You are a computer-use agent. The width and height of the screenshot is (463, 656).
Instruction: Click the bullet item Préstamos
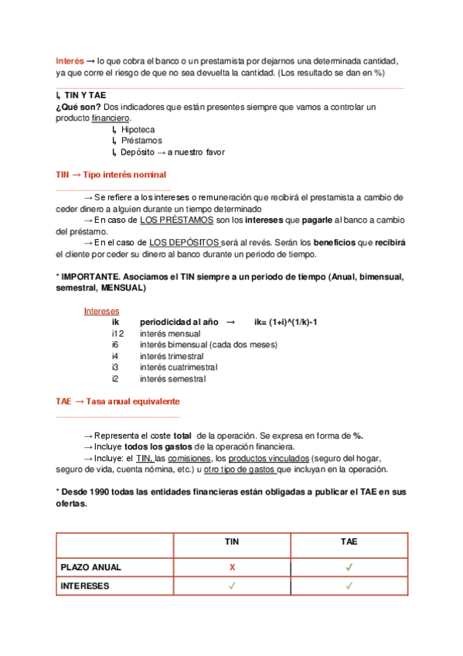(141, 141)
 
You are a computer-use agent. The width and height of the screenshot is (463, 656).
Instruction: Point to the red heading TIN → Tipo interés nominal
(111, 175)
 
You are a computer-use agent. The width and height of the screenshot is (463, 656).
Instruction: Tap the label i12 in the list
(117, 333)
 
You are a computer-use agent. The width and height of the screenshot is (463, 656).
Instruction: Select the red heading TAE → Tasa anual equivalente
(118, 402)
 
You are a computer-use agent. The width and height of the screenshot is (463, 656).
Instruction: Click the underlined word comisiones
(189, 458)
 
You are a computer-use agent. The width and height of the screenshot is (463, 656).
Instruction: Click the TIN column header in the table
(232, 542)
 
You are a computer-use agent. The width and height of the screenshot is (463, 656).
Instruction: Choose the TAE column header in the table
(349, 542)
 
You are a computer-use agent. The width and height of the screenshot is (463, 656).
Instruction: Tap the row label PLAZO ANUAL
(91, 567)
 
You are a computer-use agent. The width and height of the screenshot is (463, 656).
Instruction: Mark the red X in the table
(232, 567)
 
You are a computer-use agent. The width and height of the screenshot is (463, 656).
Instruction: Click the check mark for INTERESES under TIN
(232, 586)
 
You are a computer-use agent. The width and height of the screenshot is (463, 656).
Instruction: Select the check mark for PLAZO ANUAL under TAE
(349, 567)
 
